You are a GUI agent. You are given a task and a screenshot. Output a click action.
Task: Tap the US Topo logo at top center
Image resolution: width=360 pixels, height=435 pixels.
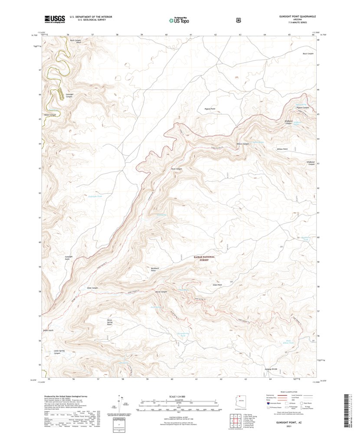[x=179, y=19]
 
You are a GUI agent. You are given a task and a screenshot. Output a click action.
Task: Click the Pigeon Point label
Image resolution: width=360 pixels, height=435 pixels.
[x=210, y=109]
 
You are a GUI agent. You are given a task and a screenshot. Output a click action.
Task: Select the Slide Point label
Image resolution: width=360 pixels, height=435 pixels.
[x=217, y=285]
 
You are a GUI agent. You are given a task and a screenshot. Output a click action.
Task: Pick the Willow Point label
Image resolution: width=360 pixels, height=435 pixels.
[x=282, y=149]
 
